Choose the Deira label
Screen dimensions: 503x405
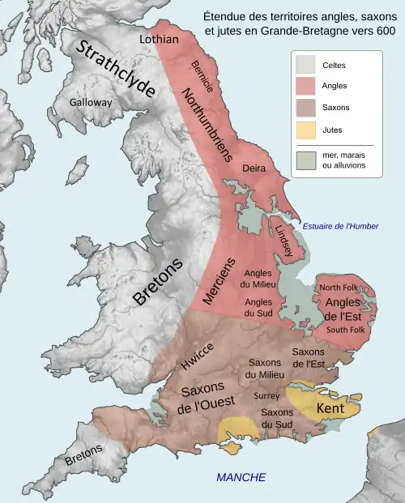point(254,168)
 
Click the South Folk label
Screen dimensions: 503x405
point(347,330)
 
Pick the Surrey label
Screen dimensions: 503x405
point(266,396)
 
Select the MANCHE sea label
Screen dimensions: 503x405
point(241,477)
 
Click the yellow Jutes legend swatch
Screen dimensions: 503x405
point(306,129)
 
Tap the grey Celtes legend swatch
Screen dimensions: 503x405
point(306,64)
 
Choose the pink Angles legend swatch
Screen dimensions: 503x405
point(306,86)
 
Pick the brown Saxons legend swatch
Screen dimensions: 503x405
point(306,108)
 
